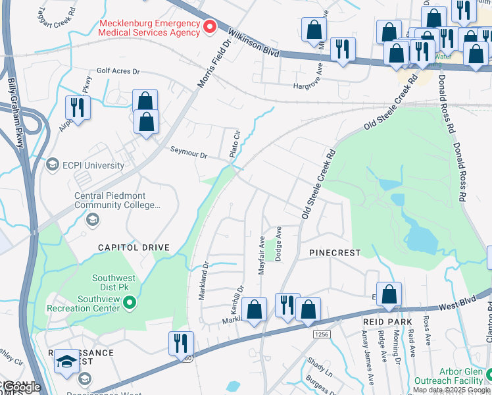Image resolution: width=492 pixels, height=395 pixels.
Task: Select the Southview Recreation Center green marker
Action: (x=130, y=303)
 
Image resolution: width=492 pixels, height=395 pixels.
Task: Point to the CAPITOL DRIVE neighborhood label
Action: (x=134, y=248)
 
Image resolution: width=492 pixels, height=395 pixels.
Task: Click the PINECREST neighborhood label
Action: (x=334, y=253)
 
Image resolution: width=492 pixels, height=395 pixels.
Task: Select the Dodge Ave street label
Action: (x=278, y=243)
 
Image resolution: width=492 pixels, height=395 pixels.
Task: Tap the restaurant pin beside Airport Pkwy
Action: (x=78, y=107)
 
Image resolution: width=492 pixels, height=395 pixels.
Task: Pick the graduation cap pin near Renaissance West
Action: (x=66, y=361)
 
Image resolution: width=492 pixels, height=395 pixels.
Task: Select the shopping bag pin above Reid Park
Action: (x=389, y=294)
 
